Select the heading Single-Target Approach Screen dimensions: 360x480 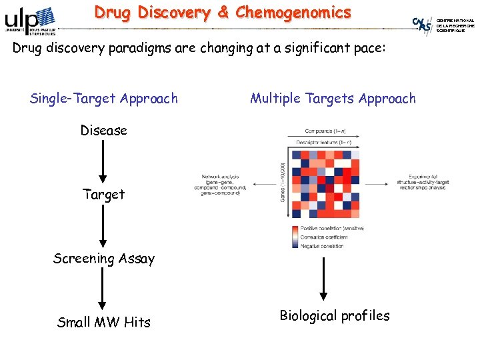(104, 99)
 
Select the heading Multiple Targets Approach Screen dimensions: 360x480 (333, 99)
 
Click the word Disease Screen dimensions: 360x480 (103, 131)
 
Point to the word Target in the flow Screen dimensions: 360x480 (103, 195)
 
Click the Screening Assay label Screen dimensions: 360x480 (103, 259)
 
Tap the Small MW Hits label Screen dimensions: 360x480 (103, 323)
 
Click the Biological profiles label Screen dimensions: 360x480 (334, 315)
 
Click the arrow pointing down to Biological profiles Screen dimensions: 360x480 (323, 279)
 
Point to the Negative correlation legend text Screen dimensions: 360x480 (322, 246)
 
